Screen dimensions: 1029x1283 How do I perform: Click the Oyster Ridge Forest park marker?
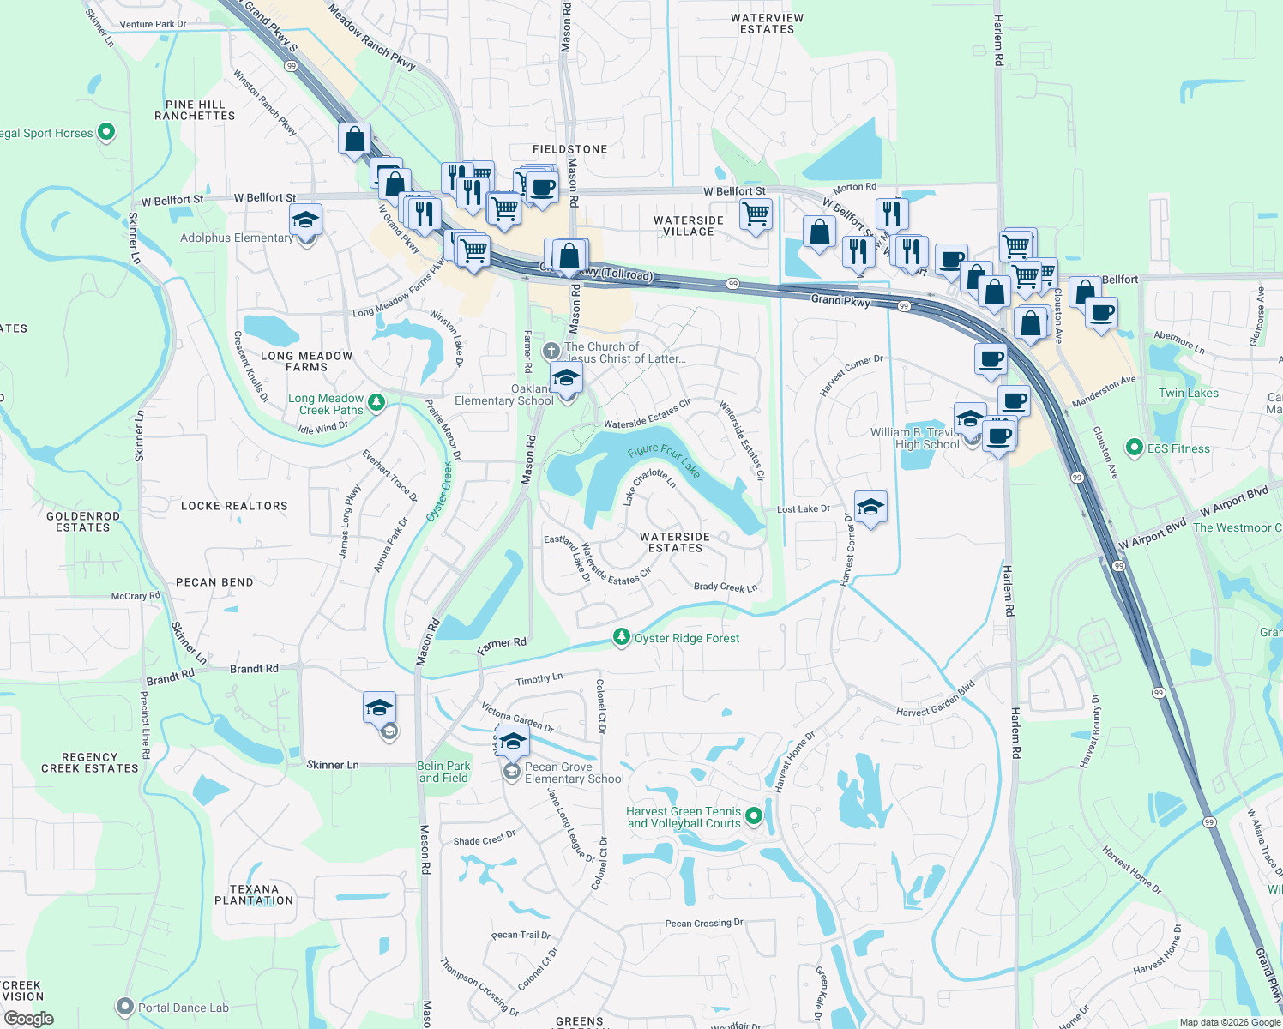click(x=621, y=637)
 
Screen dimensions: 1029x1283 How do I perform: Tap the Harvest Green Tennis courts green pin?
click(x=754, y=816)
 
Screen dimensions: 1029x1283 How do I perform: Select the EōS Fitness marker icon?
click(x=1135, y=448)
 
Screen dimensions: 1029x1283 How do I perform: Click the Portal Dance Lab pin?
click(x=125, y=1007)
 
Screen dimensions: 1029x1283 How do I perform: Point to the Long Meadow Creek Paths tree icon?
click(x=376, y=402)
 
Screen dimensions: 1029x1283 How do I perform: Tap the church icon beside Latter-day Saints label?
click(x=551, y=352)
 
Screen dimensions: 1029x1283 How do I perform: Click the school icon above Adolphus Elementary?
click(x=305, y=220)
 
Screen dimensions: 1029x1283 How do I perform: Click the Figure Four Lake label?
click(x=664, y=460)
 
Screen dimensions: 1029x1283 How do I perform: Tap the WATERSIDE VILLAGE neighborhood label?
click(x=689, y=226)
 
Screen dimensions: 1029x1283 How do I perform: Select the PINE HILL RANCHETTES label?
click(x=195, y=110)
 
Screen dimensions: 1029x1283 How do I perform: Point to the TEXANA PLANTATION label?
click(x=254, y=895)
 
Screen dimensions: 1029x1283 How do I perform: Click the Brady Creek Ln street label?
click(x=726, y=587)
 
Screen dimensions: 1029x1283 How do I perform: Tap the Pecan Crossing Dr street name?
click(x=704, y=924)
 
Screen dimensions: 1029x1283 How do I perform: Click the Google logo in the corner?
click(x=28, y=1019)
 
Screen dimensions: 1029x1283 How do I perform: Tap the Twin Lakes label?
click(x=1188, y=393)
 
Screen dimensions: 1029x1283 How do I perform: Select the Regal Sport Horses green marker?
click(x=106, y=132)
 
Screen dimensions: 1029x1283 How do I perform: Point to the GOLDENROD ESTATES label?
click(x=83, y=521)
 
